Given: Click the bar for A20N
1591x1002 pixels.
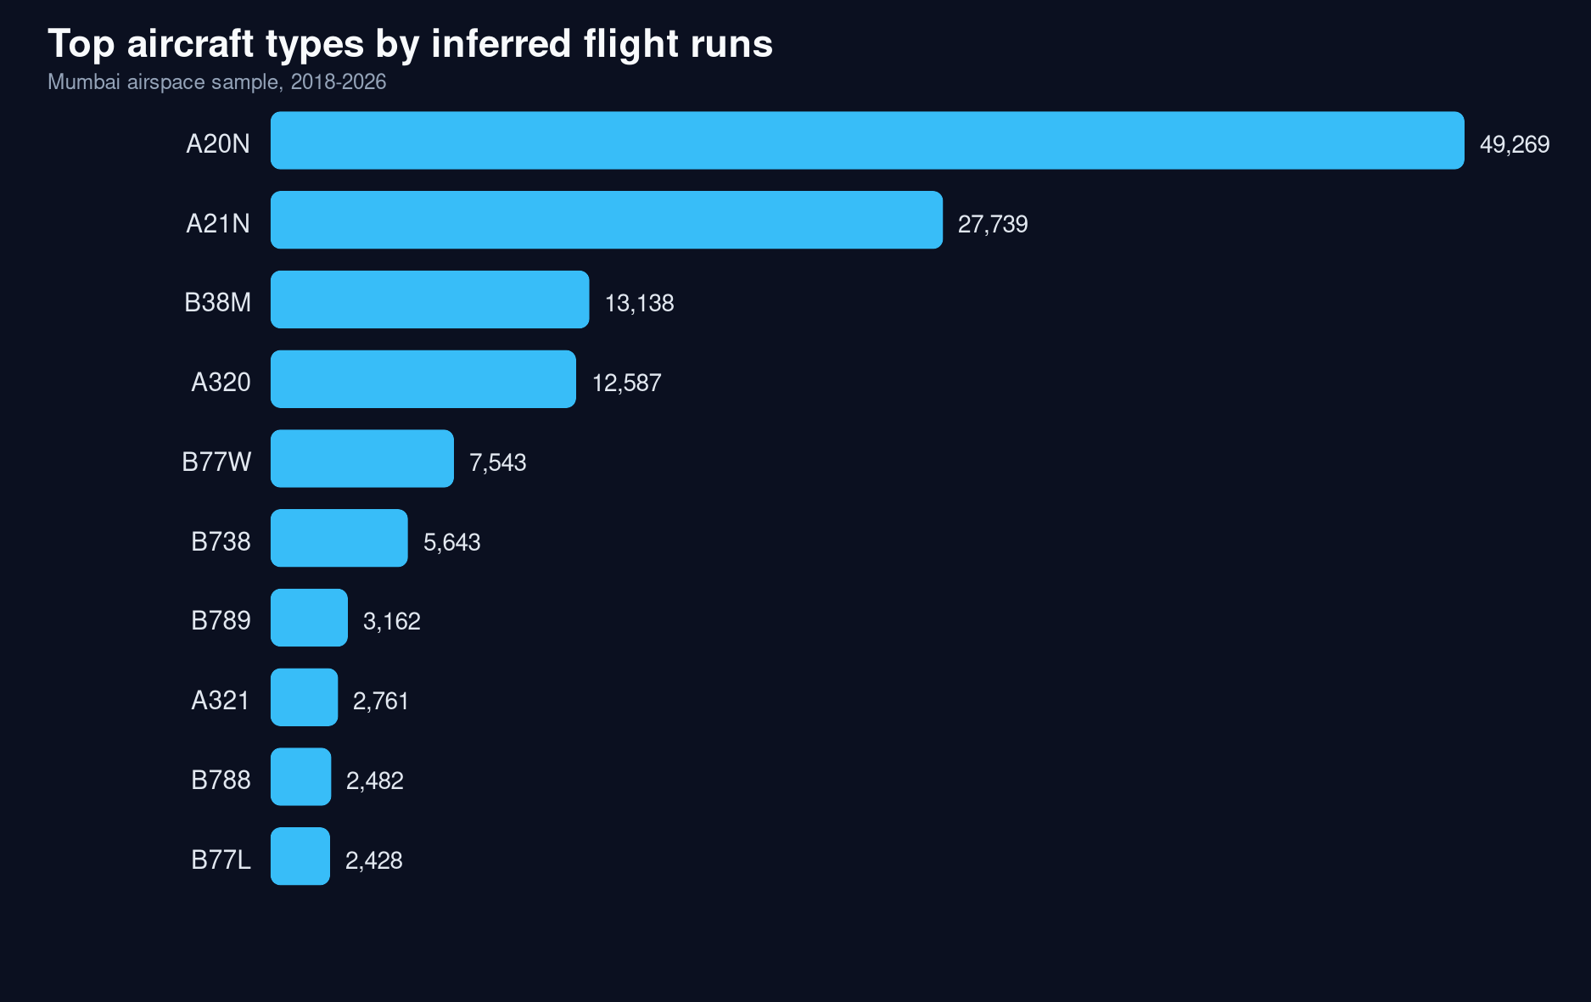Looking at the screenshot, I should click(x=866, y=141).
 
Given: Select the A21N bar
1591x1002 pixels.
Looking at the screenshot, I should click(x=606, y=221).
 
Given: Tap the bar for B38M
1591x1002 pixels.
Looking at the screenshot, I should click(x=429, y=299).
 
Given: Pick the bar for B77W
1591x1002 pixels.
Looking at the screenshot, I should click(x=361, y=459).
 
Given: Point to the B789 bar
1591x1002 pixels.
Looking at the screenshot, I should click(x=309, y=618).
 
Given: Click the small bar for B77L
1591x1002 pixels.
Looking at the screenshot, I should click(x=300, y=857).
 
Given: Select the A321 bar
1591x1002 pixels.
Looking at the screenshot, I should click(x=304, y=697).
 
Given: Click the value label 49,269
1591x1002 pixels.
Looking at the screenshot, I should click(x=1514, y=145).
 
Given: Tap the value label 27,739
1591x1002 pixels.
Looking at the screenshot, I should click(x=992, y=225).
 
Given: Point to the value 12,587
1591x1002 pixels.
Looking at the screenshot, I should click(x=626, y=383).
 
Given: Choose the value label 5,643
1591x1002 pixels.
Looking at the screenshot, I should click(x=451, y=543).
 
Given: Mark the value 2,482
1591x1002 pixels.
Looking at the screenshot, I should click(x=374, y=781).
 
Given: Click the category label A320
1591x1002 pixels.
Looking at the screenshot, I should click(x=221, y=383).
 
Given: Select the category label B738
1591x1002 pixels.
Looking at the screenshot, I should click(x=221, y=542).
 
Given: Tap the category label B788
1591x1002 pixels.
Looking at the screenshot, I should click(x=221, y=781).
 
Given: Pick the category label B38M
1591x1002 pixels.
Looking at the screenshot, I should click(x=217, y=303).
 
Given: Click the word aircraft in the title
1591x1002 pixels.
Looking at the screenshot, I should click(x=190, y=44).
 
